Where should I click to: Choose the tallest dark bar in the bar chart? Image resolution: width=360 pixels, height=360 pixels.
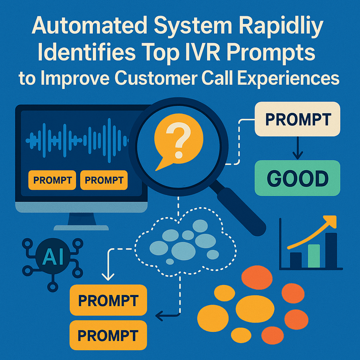tap(331, 250)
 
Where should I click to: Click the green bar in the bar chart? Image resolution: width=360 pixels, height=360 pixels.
tap(314, 256)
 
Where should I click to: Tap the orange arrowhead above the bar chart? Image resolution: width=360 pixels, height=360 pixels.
tap(331, 221)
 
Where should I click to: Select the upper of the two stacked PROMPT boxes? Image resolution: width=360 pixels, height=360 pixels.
tap(108, 300)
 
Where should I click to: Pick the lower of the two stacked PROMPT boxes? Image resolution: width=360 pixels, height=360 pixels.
tap(108, 335)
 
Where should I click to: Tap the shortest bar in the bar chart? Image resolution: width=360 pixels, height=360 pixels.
tap(296, 260)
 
